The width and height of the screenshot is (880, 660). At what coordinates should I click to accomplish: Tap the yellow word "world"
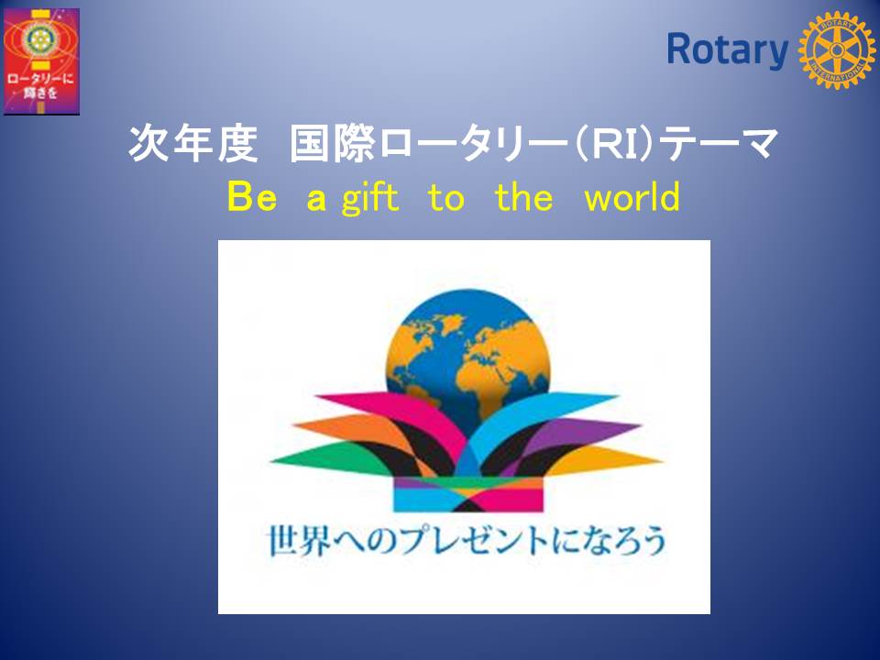pos(632,197)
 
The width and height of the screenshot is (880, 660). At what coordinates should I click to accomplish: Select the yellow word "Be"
pos(252,197)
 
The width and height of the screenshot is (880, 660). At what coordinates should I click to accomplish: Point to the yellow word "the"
pos(523,197)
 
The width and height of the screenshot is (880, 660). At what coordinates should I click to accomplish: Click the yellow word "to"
pos(446,198)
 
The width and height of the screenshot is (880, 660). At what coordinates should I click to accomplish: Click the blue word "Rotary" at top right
pos(727,50)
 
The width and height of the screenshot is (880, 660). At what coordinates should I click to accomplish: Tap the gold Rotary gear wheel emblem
pos(836,50)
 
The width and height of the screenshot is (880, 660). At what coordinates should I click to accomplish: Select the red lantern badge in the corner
pos(41,61)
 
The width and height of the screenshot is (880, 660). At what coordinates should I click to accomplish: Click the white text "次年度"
pos(193,144)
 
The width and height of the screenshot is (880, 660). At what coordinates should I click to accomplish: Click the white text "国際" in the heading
pos(332,144)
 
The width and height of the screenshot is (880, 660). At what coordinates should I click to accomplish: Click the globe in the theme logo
pos(467,365)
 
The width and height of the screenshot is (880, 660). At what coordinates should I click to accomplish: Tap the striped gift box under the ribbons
pos(468,494)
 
